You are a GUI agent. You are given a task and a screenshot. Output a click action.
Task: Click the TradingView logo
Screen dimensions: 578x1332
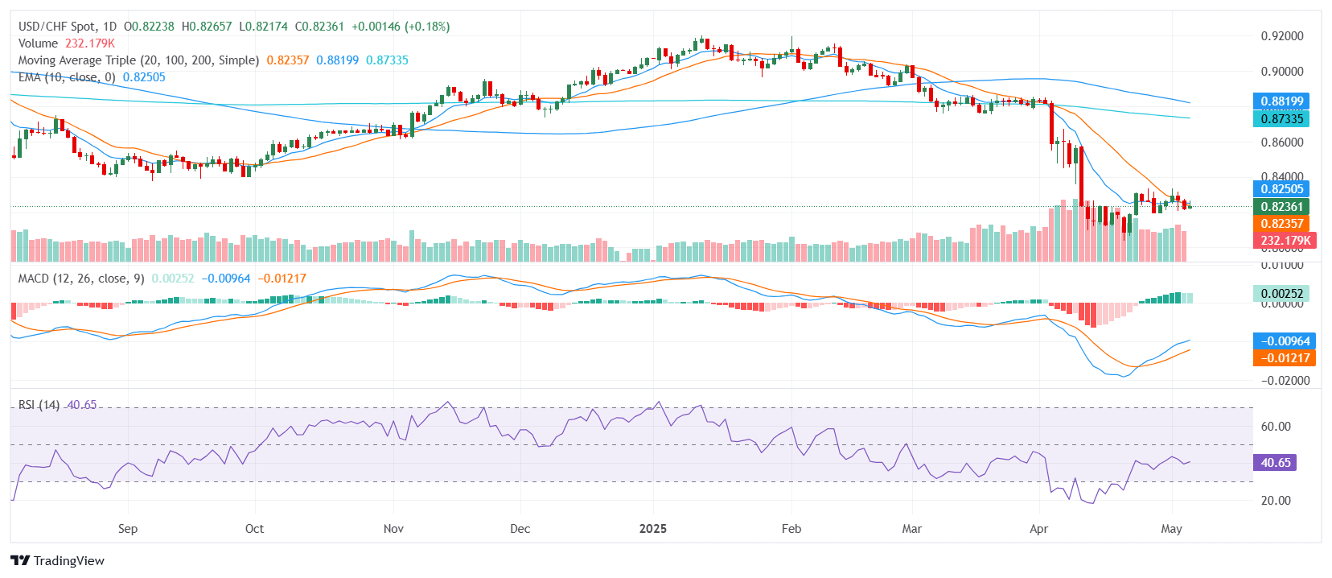(x=57, y=560)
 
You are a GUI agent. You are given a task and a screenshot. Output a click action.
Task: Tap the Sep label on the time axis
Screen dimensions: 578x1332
(x=128, y=529)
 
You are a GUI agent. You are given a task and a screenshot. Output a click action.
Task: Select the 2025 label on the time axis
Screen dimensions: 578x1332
(x=652, y=529)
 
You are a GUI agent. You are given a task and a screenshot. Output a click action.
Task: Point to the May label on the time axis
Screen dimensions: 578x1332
(x=1171, y=529)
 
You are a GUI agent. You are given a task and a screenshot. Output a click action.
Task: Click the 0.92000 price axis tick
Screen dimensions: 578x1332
(x=1281, y=36)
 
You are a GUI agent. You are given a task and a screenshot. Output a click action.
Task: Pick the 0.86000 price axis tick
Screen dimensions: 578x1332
(x=1281, y=142)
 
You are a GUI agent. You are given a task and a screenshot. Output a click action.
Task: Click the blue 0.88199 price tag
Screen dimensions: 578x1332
(x=1281, y=101)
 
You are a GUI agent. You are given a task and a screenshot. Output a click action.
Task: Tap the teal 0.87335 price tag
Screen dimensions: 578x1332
(x=1281, y=119)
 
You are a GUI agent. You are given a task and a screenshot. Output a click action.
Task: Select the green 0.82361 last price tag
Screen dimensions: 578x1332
(x=1281, y=207)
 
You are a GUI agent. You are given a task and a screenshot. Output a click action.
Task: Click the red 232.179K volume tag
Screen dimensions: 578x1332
(x=1285, y=241)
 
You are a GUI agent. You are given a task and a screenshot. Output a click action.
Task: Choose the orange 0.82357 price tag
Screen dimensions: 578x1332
(x=1281, y=224)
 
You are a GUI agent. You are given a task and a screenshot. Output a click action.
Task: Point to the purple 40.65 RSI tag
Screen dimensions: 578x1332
(x=1275, y=463)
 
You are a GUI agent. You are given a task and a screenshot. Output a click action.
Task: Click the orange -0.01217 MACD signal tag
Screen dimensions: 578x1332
(x=1284, y=358)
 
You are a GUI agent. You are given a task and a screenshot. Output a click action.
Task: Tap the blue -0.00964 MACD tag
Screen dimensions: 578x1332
(x=1284, y=341)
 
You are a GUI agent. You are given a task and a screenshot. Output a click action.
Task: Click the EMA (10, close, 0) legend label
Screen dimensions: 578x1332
(x=67, y=77)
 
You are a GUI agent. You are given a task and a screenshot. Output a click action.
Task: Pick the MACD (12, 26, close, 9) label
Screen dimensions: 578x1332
(x=81, y=279)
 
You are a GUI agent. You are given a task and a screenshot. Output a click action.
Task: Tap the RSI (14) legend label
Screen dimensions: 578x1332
(x=39, y=405)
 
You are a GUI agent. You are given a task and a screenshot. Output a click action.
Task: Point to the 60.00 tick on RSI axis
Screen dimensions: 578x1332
(x=1276, y=427)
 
